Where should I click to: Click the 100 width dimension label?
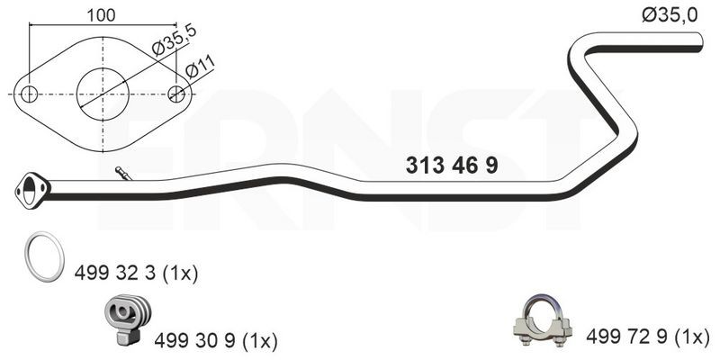click(101, 15)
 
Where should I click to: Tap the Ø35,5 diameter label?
click(175, 40)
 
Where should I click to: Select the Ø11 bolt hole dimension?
click(200, 67)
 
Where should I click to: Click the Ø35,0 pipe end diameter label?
click(670, 15)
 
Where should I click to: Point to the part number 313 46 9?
click(452, 166)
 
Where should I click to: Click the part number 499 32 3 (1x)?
click(137, 274)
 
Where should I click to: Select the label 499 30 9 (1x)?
click(216, 340)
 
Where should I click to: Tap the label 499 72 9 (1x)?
click(648, 337)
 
